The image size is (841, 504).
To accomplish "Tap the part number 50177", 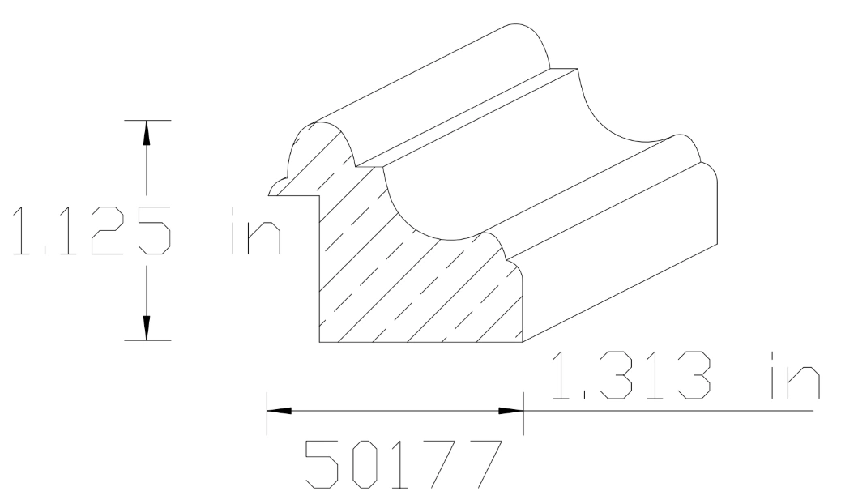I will point(401,465).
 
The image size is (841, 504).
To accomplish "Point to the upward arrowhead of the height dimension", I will point(147,134).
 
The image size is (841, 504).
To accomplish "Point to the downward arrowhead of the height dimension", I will point(147,327).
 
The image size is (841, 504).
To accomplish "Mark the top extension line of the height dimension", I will point(147,120).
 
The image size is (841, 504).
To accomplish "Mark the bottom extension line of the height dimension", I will point(147,340).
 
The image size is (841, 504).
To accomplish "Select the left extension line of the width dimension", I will point(267,411).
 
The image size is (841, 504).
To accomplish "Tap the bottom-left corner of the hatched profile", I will point(319,342).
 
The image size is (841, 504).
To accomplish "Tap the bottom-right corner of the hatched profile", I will point(523,342).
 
